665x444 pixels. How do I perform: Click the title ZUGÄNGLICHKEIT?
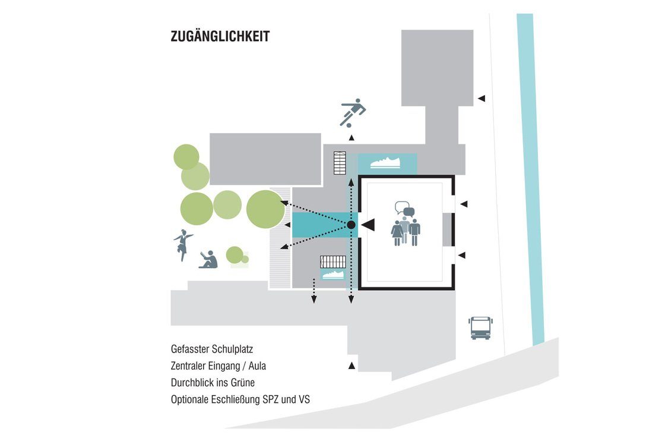220,37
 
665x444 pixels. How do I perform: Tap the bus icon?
480,328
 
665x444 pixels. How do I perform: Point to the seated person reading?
208,260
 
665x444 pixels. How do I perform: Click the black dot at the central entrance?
351,225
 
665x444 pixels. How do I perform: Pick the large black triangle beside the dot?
368,225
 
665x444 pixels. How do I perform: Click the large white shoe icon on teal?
387,162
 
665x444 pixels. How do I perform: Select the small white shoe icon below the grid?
333,275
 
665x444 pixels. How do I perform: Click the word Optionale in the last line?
189,399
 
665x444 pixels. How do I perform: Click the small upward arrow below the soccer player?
351,138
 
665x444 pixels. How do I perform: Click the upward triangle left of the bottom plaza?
351,365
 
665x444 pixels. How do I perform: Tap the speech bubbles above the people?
404,209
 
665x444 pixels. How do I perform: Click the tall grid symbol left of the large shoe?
340,163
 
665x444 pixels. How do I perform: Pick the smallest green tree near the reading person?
235,254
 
